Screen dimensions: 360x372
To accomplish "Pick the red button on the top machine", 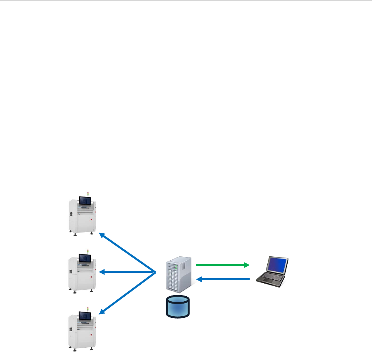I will [x=91, y=220].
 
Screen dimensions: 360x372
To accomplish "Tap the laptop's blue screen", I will [x=277, y=265].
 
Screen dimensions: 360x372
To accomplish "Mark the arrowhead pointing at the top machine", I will [x=102, y=234].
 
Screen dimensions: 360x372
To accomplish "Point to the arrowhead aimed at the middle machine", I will [x=102, y=272].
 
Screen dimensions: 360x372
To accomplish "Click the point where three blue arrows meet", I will [x=155, y=272].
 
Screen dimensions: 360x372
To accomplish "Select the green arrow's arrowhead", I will [x=247, y=265].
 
